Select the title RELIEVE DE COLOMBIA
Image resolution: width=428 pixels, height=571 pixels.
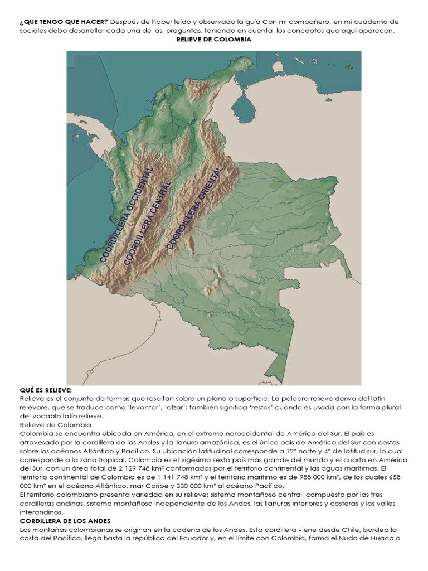pos(214,40)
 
